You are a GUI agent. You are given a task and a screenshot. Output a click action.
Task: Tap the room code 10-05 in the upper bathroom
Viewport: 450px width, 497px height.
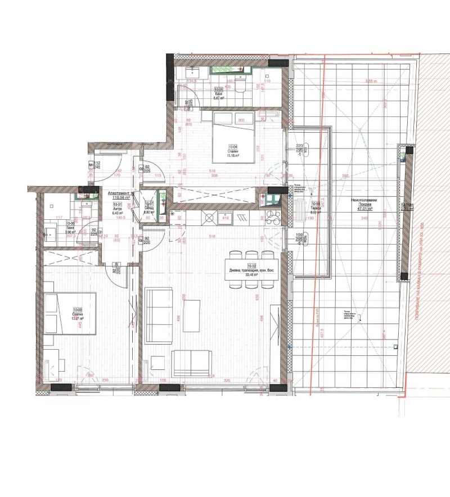click(x=219, y=89)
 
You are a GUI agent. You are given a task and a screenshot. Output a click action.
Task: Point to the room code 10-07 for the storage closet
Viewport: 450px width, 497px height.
click(x=149, y=205)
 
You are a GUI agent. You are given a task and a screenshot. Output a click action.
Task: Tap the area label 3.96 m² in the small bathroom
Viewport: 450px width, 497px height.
click(x=54, y=232)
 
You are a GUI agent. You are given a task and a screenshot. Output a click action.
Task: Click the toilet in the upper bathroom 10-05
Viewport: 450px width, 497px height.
click(x=240, y=85)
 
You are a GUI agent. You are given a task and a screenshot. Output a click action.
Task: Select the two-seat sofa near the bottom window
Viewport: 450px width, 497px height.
click(x=192, y=363)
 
